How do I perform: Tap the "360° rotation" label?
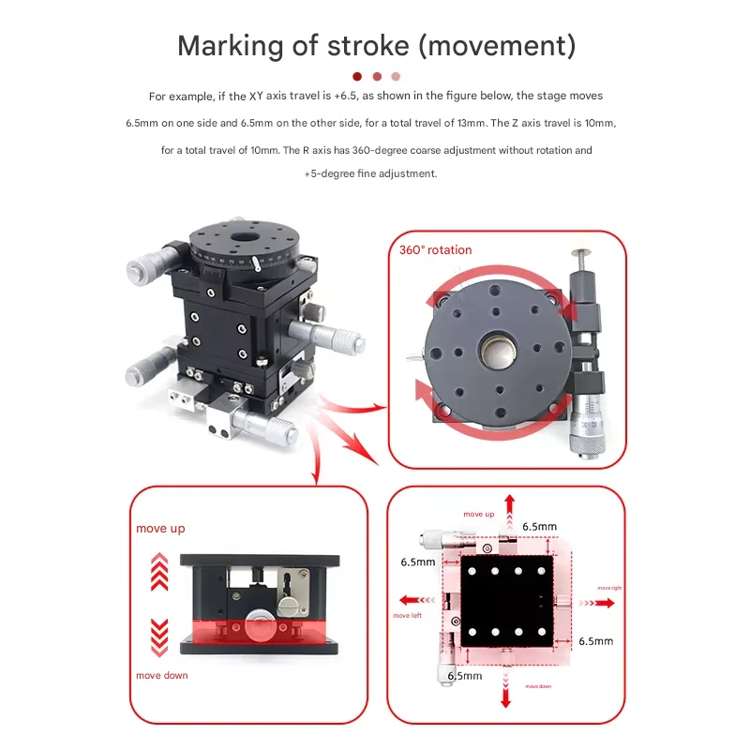click(x=435, y=249)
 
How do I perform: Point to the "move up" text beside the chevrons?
click(x=160, y=529)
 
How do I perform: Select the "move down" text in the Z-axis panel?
click(x=161, y=675)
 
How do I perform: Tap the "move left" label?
click(x=408, y=616)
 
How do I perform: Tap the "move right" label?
click(x=601, y=588)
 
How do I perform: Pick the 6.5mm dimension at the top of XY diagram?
click(x=541, y=527)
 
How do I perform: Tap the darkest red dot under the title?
click(x=357, y=77)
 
